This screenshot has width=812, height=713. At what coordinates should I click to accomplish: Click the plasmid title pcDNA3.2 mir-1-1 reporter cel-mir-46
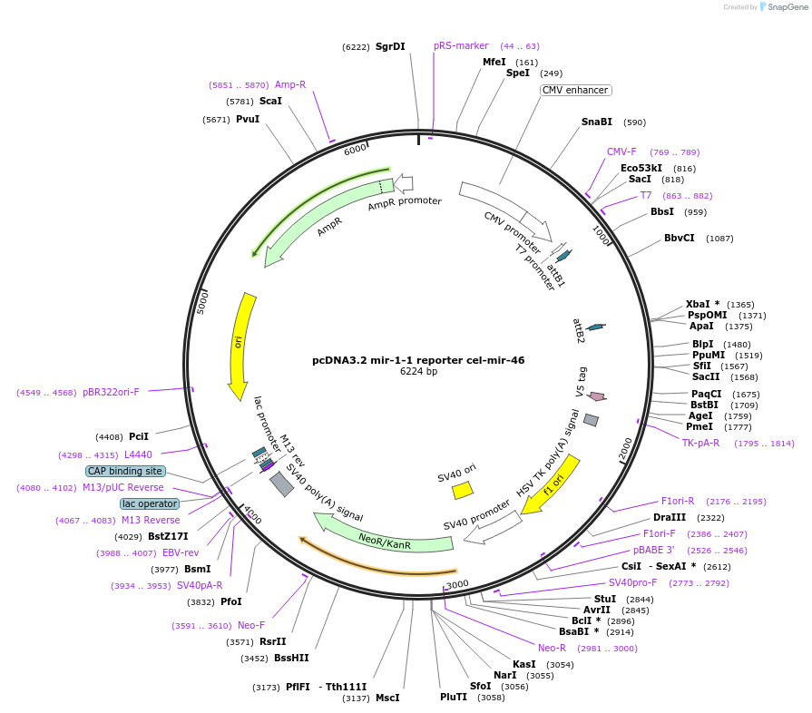pyautogui.click(x=418, y=360)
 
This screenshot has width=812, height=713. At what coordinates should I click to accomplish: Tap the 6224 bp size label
pyautogui.click(x=418, y=372)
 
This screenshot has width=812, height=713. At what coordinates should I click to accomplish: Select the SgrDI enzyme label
pyautogui.click(x=390, y=46)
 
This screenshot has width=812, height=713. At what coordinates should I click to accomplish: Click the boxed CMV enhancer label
pyautogui.click(x=575, y=91)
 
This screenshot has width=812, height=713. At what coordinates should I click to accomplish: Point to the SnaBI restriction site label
pyautogui.click(x=597, y=122)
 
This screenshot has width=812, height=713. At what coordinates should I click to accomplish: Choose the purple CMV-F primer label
pyautogui.click(x=621, y=152)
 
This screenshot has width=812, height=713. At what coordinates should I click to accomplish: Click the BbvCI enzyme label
pyautogui.click(x=680, y=239)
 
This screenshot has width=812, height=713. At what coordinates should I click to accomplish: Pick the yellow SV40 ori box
pyautogui.click(x=463, y=491)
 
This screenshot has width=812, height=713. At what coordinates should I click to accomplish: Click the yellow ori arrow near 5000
pyautogui.click(x=240, y=345)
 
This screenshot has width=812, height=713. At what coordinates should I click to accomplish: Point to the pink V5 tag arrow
pyautogui.click(x=597, y=396)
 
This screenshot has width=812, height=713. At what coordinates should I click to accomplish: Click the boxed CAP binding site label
pyautogui.click(x=125, y=472)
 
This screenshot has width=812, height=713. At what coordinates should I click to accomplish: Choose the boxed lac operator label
pyautogui.click(x=150, y=503)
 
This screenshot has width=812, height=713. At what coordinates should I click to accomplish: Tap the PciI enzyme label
pyautogui.click(x=139, y=436)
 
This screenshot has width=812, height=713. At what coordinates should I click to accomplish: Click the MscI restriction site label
pyautogui.click(x=387, y=698)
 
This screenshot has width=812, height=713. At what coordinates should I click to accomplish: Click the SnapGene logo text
pyautogui.click(x=785, y=7)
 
